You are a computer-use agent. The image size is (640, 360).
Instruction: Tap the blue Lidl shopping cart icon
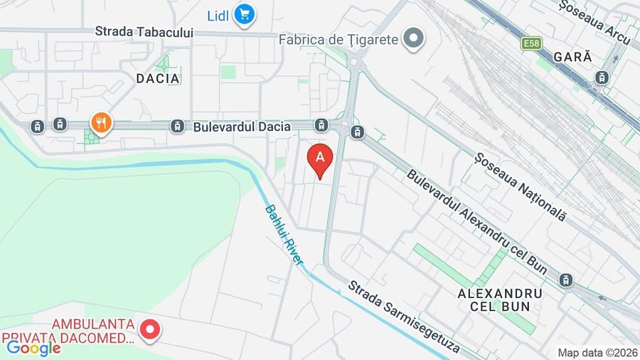click(x=245, y=14)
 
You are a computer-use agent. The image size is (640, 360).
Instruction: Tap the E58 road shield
click(x=531, y=44)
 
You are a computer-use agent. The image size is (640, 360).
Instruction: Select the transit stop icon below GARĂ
click(x=602, y=77)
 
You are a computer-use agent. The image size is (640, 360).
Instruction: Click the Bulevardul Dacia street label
click(x=242, y=127)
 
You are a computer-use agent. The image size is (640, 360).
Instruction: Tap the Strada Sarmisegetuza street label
click(x=403, y=318)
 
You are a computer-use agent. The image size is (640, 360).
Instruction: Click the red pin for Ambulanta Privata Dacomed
click(x=149, y=328)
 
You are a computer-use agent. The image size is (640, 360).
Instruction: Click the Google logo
click(x=33, y=348)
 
